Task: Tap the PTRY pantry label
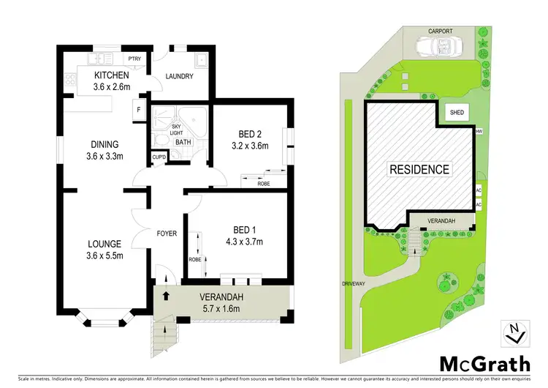134,59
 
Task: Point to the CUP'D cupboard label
159,157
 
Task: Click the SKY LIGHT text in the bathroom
175,130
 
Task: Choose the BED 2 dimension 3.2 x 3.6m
249,146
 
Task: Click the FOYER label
168,234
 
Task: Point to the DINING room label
102,144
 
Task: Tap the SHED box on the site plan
457,113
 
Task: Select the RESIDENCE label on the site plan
419,169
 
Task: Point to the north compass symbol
514,332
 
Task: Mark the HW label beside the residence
479,133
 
